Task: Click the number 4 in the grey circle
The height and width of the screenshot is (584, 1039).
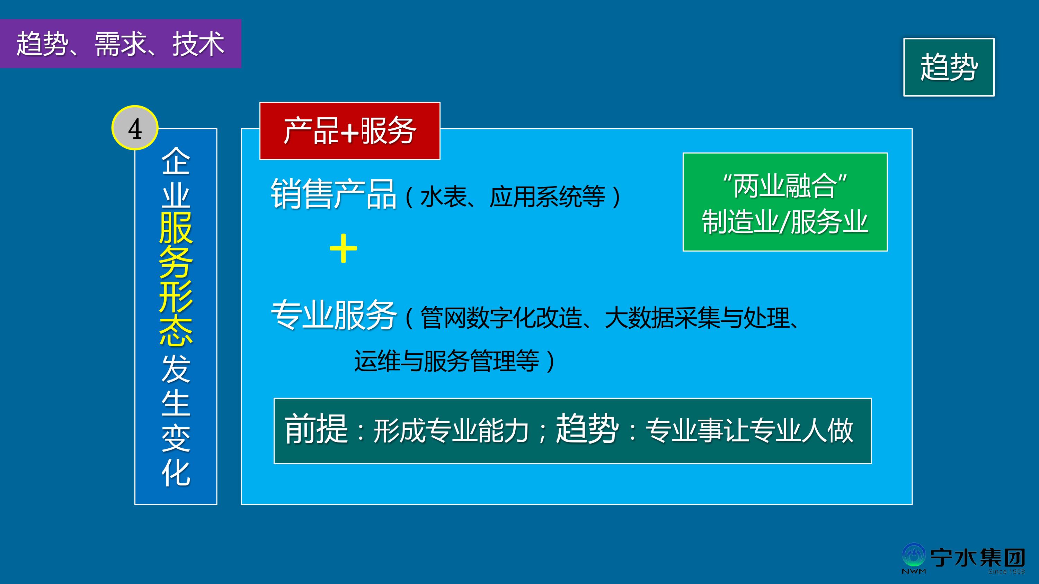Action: pos(135,129)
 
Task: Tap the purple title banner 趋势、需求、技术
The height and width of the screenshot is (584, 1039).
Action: pos(121,44)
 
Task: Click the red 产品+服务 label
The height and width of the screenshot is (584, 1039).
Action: pos(350,131)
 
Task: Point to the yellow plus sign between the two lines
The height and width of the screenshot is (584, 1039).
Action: pos(343,248)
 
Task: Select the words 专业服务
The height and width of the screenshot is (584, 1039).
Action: pos(334,315)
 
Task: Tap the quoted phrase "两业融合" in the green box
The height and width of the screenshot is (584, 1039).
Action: pos(785,186)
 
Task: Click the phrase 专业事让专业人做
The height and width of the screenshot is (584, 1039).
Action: pos(749,430)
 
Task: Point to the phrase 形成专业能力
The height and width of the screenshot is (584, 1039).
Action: pos(451,430)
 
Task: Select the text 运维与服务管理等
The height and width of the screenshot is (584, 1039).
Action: pos(446,361)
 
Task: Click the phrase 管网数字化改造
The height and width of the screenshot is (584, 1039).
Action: pos(501,318)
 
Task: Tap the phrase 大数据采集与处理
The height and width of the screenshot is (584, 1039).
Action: pos(697,318)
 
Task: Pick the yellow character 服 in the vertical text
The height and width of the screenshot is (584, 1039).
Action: pos(176,228)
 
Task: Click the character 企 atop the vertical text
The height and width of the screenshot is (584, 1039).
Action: pos(176,161)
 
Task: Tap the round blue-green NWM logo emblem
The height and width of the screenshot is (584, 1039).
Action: pos(914,556)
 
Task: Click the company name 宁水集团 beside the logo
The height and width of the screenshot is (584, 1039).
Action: pos(977,558)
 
